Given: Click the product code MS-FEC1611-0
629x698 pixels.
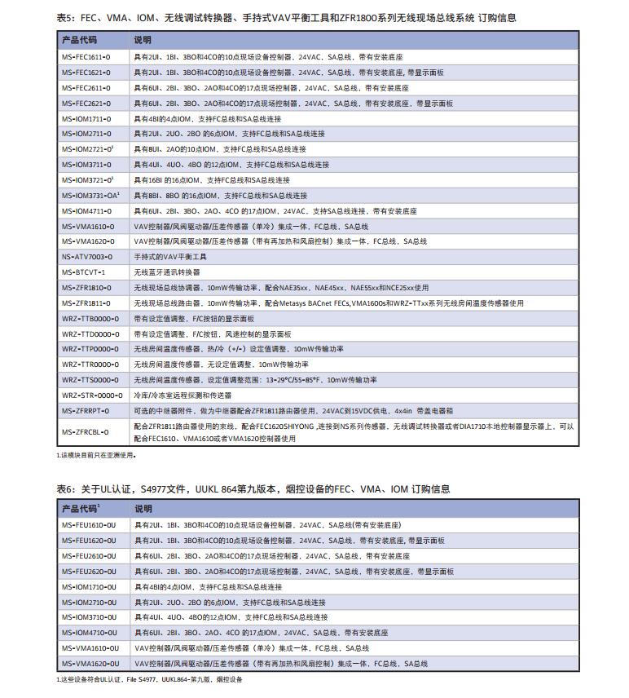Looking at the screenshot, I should click(86, 57).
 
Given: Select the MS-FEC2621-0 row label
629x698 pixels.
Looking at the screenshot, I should click(86, 104).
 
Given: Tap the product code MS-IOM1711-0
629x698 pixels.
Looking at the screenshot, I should click(86, 119).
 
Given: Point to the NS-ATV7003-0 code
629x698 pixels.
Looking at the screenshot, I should click(86, 257).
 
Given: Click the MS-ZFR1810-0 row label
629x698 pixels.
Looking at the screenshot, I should click(86, 288).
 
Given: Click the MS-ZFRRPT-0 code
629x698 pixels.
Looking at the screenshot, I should click(85, 411).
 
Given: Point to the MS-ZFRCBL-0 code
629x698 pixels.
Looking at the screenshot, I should click(85, 431).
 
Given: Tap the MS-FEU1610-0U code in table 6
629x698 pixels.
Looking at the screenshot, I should click(88, 525).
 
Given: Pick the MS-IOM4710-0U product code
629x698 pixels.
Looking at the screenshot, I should click(88, 633).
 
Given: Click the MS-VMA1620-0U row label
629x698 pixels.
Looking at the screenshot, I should click(89, 664).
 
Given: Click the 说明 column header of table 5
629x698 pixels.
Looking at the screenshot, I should click(143, 39).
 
